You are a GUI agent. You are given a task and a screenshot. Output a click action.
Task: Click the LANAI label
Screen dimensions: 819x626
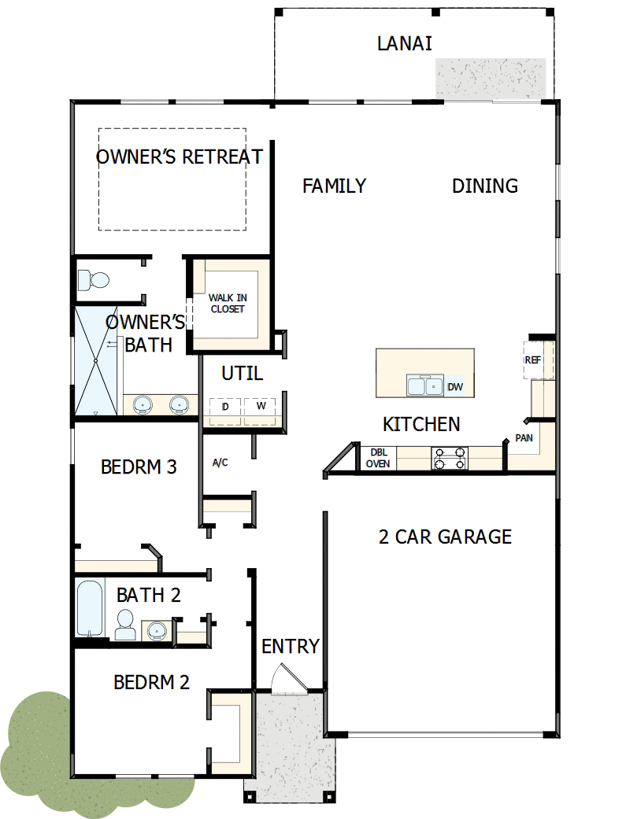pyautogui.click(x=404, y=43)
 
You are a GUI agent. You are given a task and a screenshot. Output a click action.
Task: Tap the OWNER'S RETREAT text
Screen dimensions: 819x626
pyautogui.click(x=180, y=157)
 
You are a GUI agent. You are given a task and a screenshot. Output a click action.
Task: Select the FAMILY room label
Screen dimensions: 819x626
pyautogui.click(x=334, y=186)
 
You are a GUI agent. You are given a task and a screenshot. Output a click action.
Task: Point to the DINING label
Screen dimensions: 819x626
pyautogui.click(x=485, y=186)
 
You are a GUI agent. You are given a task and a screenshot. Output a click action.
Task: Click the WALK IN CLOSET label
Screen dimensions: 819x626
pyautogui.click(x=227, y=304)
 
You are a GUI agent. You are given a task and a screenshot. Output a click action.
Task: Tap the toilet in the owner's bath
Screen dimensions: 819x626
pyautogui.click(x=95, y=279)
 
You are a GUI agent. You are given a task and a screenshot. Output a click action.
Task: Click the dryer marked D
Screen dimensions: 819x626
pyautogui.click(x=225, y=407)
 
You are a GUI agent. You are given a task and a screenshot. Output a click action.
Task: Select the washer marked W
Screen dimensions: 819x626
pyautogui.click(x=259, y=407)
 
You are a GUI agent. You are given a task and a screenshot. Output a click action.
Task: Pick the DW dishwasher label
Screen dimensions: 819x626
pyautogui.click(x=455, y=386)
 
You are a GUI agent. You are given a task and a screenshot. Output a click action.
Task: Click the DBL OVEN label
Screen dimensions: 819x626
pyautogui.click(x=377, y=459)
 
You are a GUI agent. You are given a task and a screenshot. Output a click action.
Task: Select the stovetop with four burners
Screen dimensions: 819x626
pyautogui.click(x=450, y=458)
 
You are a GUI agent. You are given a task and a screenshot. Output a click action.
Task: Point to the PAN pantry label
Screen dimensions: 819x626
pyautogui.click(x=524, y=437)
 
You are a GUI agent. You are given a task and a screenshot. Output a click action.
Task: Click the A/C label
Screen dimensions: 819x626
pyautogui.click(x=220, y=463)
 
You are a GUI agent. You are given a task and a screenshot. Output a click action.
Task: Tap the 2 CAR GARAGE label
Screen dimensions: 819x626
pyautogui.click(x=445, y=537)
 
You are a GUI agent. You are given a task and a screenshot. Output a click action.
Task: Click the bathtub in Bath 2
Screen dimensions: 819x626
pyautogui.click(x=91, y=607)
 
